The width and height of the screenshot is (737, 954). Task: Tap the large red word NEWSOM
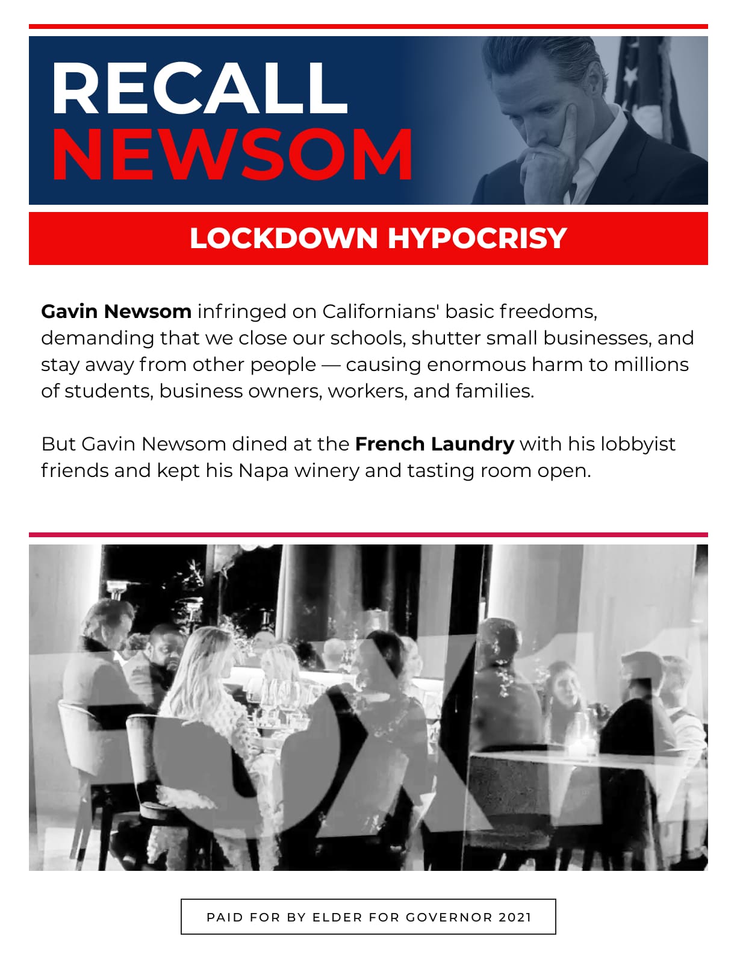(232, 155)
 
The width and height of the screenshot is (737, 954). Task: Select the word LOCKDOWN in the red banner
(284, 238)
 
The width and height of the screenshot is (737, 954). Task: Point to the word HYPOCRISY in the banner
(477, 238)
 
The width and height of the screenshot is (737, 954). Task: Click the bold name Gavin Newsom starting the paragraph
(116, 311)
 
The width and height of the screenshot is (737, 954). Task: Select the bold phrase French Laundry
(434, 444)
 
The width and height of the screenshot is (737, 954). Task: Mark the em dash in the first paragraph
(331, 365)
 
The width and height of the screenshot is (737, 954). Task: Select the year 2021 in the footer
(515, 917)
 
